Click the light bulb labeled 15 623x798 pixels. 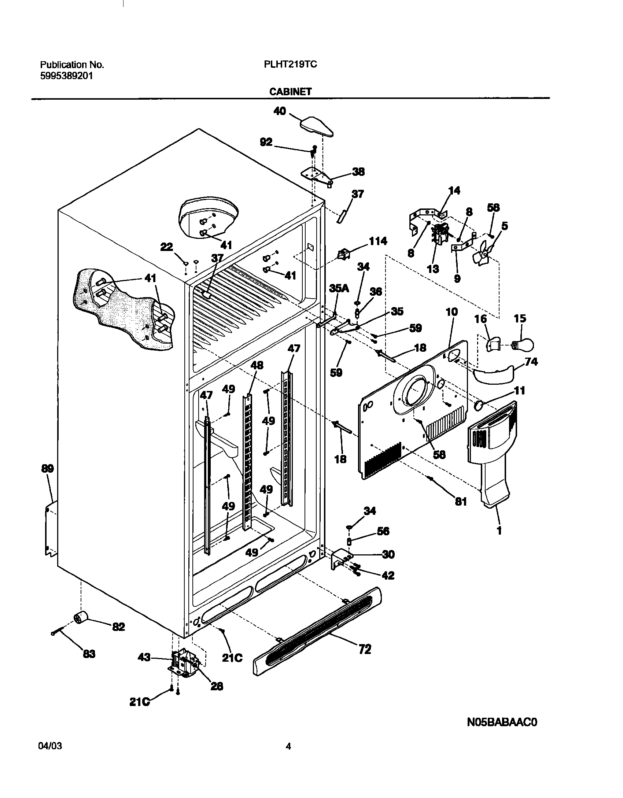click(x=523, y=345)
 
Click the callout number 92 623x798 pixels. click(x=266, y=142)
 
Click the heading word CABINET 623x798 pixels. click(x=291, y=92)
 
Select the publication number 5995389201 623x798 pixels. click(x=66, y=76)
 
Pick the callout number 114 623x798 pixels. click(x=377, y=241)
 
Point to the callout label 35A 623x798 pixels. click(x=339, y=288)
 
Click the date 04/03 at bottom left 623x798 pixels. click(x=50, y=746)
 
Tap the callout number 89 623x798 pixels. click(x=48, y=469)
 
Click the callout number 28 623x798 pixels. click(x=217, y=686)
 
